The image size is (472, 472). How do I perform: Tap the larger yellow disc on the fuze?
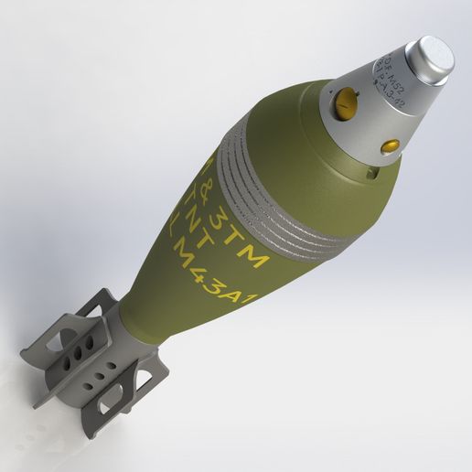click(x=346, y=104)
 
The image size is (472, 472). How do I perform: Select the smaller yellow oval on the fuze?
click(x=390, y=145)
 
